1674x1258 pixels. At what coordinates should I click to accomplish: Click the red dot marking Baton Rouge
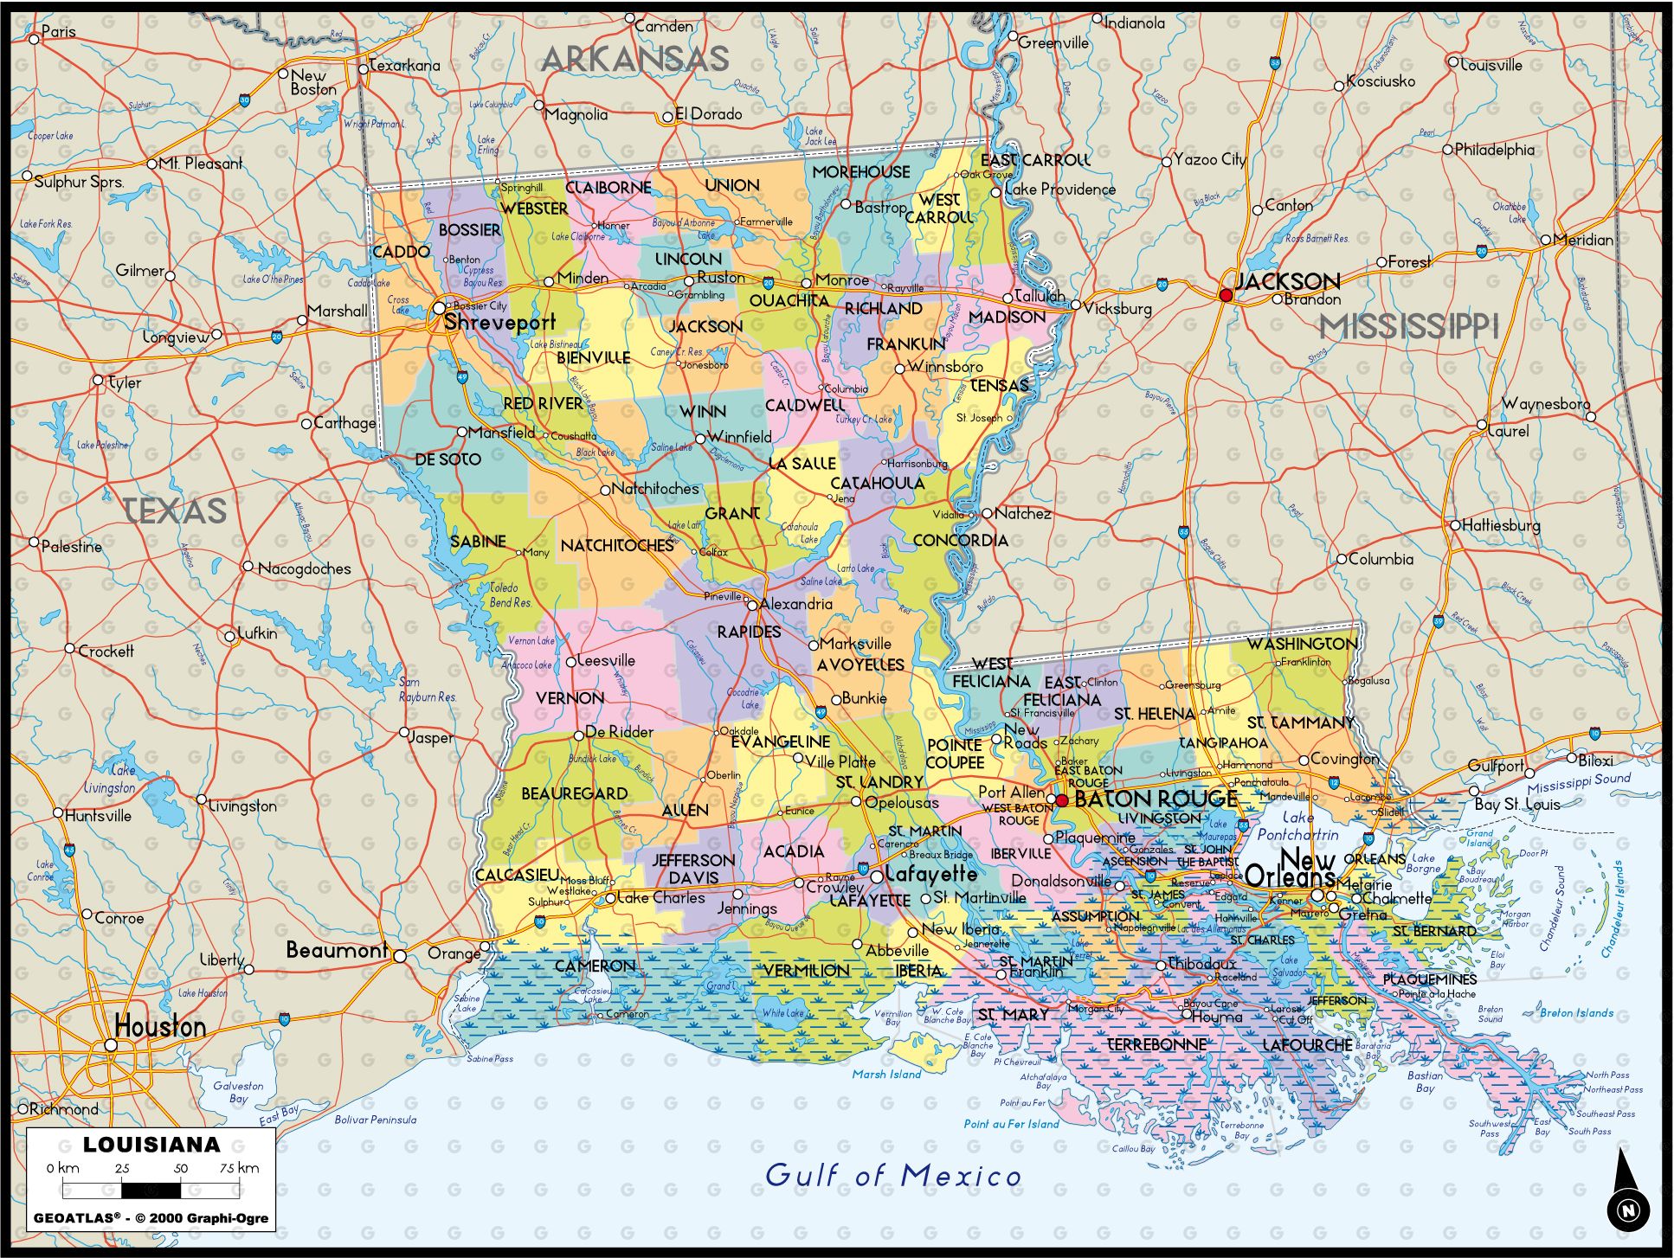[1062, 800]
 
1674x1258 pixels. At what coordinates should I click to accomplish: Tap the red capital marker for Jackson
[1226, 295]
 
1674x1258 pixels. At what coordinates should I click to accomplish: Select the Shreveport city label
[499, 323]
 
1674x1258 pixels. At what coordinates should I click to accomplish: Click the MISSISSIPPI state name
[1408, 327]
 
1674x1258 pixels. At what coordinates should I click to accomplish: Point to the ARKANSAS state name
[635, 59]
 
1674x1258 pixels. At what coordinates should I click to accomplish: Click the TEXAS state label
[176, 510]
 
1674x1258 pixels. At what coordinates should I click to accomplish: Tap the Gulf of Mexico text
[893, 1175]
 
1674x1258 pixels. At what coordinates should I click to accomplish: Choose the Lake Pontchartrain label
[1297, 826]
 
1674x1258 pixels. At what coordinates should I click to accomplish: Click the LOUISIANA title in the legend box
[151, 1145]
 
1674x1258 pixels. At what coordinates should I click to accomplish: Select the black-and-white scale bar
[151, 1191]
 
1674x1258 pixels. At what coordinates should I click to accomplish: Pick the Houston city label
[160, 1027]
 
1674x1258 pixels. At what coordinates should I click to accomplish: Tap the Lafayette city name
[930, 875]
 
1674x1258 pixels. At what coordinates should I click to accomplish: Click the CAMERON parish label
[595, 966]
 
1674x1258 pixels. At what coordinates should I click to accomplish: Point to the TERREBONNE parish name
[1157, 1045]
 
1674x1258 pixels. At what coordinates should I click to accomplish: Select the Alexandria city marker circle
[752, 605]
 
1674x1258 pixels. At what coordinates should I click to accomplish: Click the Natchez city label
[1022, 513]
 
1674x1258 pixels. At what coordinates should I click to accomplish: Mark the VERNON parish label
[570, 697]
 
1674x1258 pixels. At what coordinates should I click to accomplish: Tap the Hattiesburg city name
[1501, 525]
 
